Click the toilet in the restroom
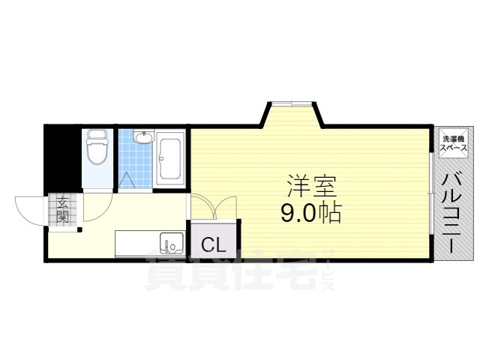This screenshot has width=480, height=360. tap(96, 149)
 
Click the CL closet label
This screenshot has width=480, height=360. tap(214, 244)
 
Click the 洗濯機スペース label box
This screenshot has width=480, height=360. tap(454, 143)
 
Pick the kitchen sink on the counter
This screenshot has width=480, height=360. tap(171, 244)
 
